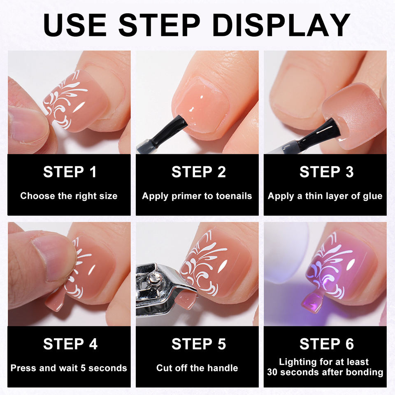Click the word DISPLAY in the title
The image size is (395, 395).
pos(281,25)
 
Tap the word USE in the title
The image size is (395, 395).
pos(75,25)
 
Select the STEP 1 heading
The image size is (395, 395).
pos(70,172)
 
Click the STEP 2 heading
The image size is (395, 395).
pos(198,172)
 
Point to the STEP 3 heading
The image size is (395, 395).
pos(326,172)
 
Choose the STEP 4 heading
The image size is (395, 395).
pos(70,344)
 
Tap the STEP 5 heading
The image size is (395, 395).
pos(198,344)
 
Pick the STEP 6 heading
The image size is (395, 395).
pos(326,344)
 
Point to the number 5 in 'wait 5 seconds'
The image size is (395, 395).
pos(83,368)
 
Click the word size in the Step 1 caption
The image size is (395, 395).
pos(109,196)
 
